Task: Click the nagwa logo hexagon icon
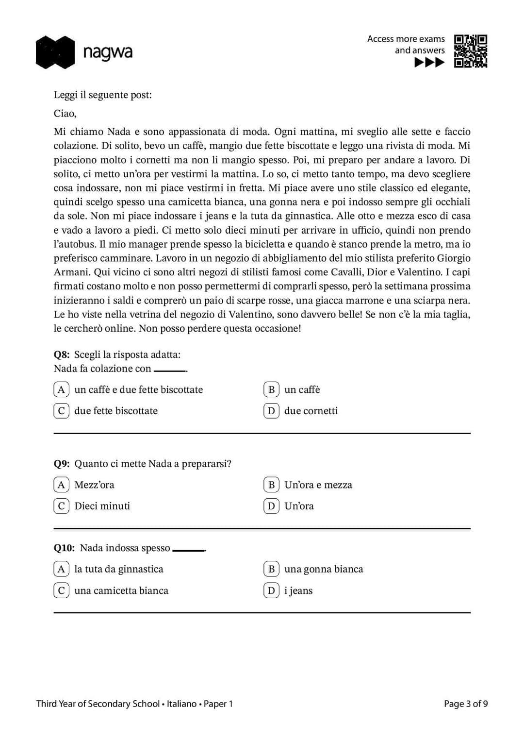[x=55, y=52]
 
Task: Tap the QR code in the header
[x=470, y=51]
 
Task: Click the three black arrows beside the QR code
[x=429, y=63]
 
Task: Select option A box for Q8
[x=61, y=389]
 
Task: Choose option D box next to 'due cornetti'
[x=271, y=411]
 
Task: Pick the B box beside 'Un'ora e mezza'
[x=271, y=485]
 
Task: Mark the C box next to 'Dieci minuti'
[x=61, y=506]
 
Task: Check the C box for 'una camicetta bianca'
[x=61, y=590]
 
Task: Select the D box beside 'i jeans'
[x=271, y=590]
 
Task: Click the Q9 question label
[x=62, y=464]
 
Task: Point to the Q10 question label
[x=64, y=548]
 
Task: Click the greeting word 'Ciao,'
[x=65, y=114]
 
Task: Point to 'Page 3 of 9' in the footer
[x=466, y=704]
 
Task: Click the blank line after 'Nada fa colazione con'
[x=170, y=371]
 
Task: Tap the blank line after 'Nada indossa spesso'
[x=189, y=550]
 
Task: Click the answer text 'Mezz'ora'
[x=94, y=485]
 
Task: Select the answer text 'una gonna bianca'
[x=324, y=569]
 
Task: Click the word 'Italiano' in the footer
[x=181, y=704]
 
